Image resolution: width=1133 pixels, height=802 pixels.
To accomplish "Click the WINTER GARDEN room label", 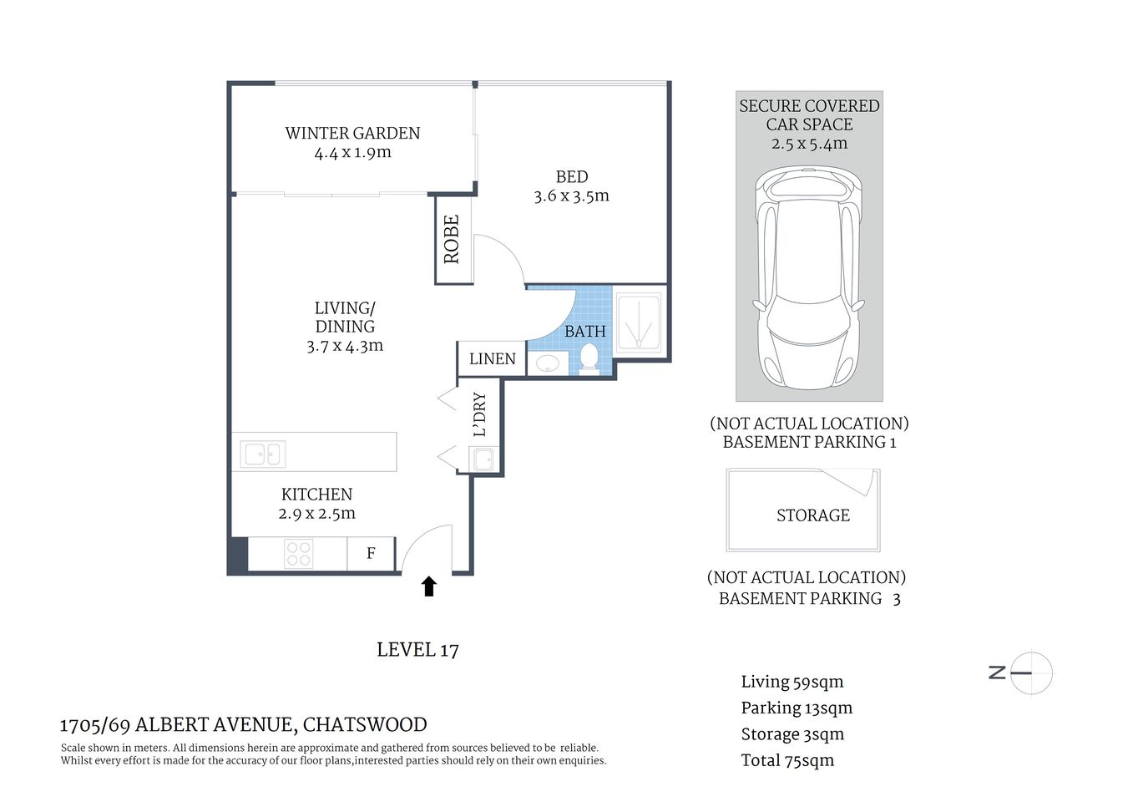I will (352, 133).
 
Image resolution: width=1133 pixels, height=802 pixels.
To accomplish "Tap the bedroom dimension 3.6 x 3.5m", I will (571, 196).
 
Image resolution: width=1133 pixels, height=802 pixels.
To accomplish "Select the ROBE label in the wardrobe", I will (452, 240).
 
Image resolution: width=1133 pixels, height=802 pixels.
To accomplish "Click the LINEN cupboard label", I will (492, 359).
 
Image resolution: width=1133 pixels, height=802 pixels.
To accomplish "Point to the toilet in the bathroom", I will (589, 360).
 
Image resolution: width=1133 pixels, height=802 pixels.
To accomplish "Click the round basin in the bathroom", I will (548, 363).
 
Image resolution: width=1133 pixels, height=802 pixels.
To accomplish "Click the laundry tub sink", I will (483, 459).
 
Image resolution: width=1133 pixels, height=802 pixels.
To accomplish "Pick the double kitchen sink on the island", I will (263, 454).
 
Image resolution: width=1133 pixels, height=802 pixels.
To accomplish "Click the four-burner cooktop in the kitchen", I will (298, 554).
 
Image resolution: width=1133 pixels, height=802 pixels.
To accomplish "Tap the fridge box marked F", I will (371, 553).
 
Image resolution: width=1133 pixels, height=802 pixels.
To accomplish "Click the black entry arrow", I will (429, 586).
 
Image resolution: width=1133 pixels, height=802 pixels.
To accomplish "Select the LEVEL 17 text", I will (417, 650).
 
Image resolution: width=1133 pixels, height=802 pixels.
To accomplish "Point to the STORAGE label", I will (812, 515).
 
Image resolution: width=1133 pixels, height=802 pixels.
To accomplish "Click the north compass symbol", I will (1030, 673).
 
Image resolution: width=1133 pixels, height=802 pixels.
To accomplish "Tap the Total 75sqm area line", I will (787, 760).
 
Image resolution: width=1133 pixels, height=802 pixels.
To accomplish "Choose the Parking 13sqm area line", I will (797, 708).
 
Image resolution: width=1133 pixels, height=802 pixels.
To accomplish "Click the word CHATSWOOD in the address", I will (364, 724).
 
